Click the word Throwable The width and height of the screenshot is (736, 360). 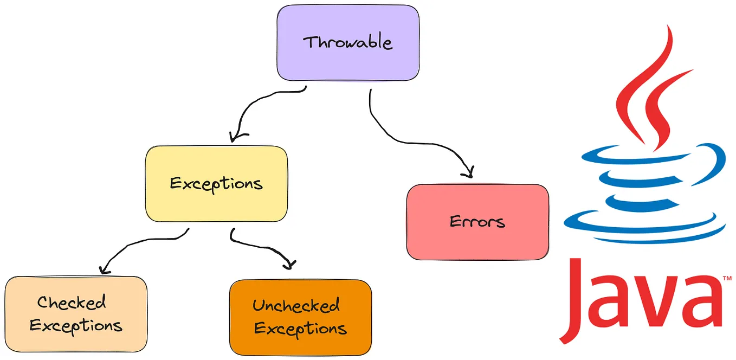347,42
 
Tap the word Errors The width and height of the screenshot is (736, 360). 477,222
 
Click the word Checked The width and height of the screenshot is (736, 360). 72,302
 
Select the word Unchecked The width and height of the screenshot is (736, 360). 296,305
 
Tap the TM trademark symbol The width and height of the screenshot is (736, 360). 726,279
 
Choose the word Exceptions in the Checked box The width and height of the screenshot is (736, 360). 76,326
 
